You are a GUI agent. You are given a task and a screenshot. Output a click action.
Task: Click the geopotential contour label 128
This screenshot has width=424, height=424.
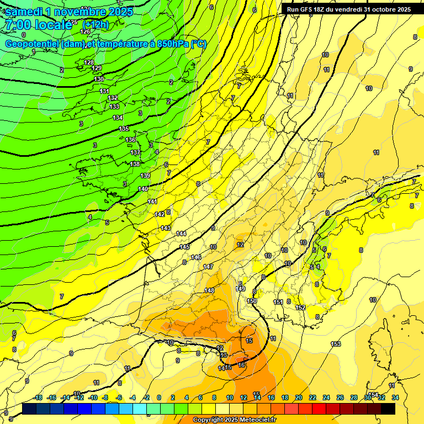89,62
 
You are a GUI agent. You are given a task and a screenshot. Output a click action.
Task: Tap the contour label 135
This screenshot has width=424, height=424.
124,129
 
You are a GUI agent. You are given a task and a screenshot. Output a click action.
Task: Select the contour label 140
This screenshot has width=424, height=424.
143,189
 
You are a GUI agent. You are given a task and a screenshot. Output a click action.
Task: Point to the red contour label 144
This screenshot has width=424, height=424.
181,234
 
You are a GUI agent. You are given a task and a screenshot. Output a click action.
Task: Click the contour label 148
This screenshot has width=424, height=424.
209,290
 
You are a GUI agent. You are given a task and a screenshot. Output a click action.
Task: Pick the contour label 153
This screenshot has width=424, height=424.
336,344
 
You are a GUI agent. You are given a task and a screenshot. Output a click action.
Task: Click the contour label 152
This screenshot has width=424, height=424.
301,308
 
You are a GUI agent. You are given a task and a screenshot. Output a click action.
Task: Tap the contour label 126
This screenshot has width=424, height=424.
85,47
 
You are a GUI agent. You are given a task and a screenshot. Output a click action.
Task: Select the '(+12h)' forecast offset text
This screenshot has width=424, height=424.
96,24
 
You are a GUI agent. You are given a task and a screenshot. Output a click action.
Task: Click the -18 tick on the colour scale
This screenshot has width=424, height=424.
38,397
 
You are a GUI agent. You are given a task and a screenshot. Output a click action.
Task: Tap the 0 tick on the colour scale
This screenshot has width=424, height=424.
159,397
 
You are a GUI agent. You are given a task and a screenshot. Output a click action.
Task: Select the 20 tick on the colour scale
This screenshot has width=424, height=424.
299,397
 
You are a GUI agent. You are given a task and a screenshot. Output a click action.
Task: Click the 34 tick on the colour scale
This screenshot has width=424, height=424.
395,397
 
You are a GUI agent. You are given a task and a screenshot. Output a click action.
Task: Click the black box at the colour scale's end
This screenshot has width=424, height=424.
388,409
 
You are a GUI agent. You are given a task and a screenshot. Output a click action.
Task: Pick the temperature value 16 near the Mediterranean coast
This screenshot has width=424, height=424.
241,365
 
